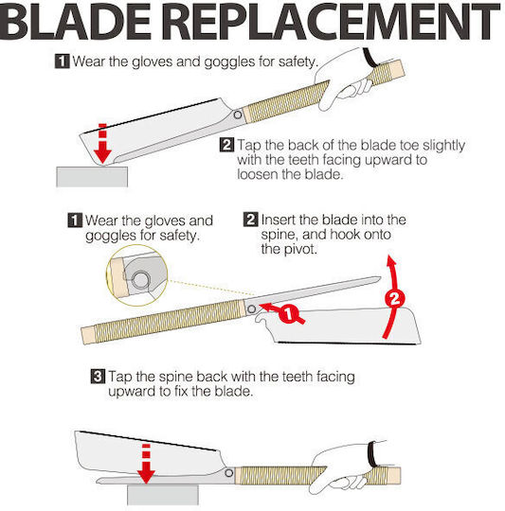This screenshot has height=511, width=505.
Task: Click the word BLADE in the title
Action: coord(76,22)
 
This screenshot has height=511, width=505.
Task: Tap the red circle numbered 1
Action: coord(288,314)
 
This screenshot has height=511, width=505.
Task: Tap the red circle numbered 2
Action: coord(395,298)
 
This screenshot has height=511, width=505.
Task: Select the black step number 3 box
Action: coord(98,377)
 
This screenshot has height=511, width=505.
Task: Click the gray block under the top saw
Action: coord(92,177)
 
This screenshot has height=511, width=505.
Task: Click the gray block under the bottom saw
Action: coord(163,495)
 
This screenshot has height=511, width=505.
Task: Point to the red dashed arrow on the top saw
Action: coord(102,144)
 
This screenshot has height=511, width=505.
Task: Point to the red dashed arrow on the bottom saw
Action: coord(146,464)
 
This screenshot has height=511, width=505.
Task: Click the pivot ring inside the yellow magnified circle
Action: coord(140,280)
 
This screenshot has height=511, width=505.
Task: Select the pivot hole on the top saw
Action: coord(238,115)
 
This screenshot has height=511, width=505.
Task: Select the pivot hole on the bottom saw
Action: coord(229,472)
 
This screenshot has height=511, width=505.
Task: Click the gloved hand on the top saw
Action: coord(346,79)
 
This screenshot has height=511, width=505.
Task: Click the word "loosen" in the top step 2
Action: coord(258,174)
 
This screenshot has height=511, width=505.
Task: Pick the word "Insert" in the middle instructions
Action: coord(278,220)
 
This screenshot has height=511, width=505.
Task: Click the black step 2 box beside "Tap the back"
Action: coord(226,145)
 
